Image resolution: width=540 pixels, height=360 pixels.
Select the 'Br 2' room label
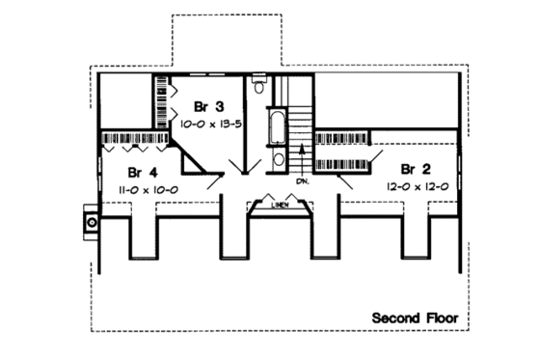(x=416, y=165)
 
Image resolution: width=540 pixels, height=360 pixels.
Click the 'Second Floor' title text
(x=416, y=317)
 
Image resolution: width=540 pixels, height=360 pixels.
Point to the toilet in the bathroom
(x=256, y=88)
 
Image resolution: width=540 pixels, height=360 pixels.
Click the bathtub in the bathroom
(x=277, y=126)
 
